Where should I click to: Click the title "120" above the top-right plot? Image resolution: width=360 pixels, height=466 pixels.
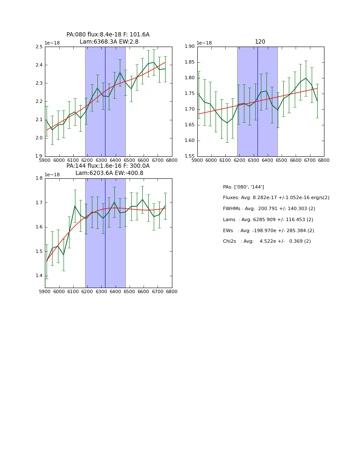[x=260, y=42]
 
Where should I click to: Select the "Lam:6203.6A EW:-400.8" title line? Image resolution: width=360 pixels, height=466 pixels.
[x=108, y=173]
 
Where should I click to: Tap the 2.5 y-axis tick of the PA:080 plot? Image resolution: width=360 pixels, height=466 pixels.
[x=39, y=47]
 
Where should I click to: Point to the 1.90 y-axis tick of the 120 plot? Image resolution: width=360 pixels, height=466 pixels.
[x=189, y=47]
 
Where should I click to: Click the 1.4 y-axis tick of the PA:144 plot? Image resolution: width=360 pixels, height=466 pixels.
[x=39, y=276]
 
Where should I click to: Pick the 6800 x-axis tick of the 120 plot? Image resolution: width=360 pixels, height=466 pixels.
[x=324, y=161]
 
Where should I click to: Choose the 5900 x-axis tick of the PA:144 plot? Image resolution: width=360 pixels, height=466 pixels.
[x=45, y=291]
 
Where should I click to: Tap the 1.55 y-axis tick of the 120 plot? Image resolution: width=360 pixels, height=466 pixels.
[x=189, y=156]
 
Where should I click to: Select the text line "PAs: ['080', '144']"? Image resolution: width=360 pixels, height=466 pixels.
[x=244, y=187]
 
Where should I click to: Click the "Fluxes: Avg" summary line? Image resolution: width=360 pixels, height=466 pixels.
[x=276, y=198]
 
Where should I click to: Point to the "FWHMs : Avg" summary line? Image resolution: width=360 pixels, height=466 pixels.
[x=269, y=209]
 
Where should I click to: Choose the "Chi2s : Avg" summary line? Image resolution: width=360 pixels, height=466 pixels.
[x=267, y=241]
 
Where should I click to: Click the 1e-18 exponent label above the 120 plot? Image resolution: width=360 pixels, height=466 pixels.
[x=204, y=43]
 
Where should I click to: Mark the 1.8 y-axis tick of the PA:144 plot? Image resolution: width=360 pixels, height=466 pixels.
[x=39, y=178]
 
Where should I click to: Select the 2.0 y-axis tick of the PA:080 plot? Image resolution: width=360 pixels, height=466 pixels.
[x=39, y=138]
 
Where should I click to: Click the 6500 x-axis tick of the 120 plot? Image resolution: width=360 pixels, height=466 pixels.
[x=282, y=161]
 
